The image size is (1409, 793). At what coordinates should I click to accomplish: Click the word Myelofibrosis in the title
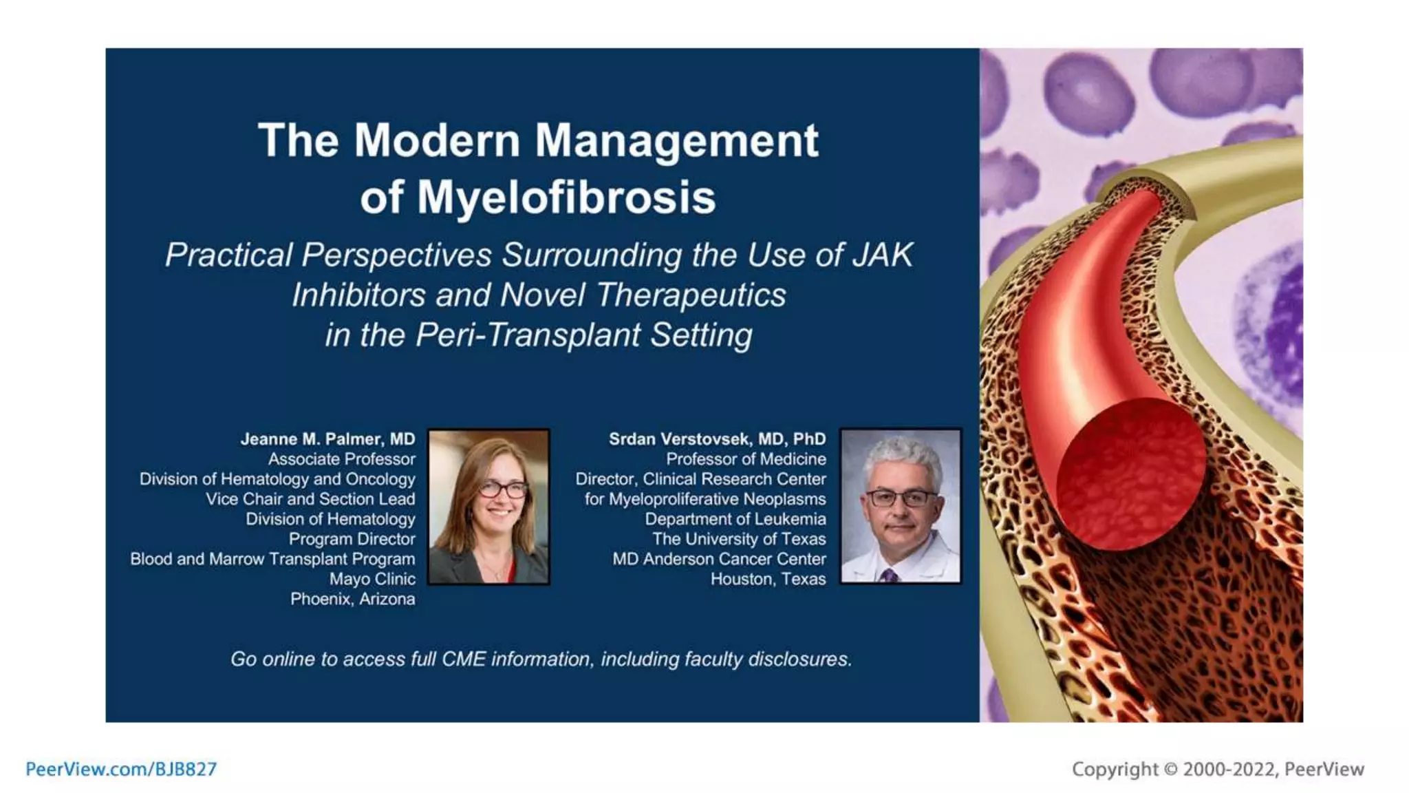tap(566, 198)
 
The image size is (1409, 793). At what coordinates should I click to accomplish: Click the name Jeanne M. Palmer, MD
tap(327, 439)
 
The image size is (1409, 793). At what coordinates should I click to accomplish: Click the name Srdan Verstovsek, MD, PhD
tap(717, 439)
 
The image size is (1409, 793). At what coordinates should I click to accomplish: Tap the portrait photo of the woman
tap(488, 507)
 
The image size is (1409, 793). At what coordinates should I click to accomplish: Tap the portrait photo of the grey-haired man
tap(900, 507)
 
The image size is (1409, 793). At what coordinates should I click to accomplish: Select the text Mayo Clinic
tap(372, 579)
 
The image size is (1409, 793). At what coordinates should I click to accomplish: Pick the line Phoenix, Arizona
tap(352, 599)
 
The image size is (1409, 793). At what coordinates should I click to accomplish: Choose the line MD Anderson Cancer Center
tap(719, 559)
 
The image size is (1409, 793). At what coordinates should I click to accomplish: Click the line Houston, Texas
tap(768, 579)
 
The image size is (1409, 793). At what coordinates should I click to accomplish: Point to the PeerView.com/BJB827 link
tap(121, 769)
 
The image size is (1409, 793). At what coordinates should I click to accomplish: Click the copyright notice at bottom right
tap(1217, 769)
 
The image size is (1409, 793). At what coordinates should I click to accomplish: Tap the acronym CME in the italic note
tap(464, 659)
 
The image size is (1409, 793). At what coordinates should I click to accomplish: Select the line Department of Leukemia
tap(735, 519)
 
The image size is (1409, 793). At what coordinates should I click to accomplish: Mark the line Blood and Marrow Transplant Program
tap(272, 559)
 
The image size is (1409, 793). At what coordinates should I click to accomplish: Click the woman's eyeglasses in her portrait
tap(503, 490)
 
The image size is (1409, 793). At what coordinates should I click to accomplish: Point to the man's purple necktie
tap(890, 575)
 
